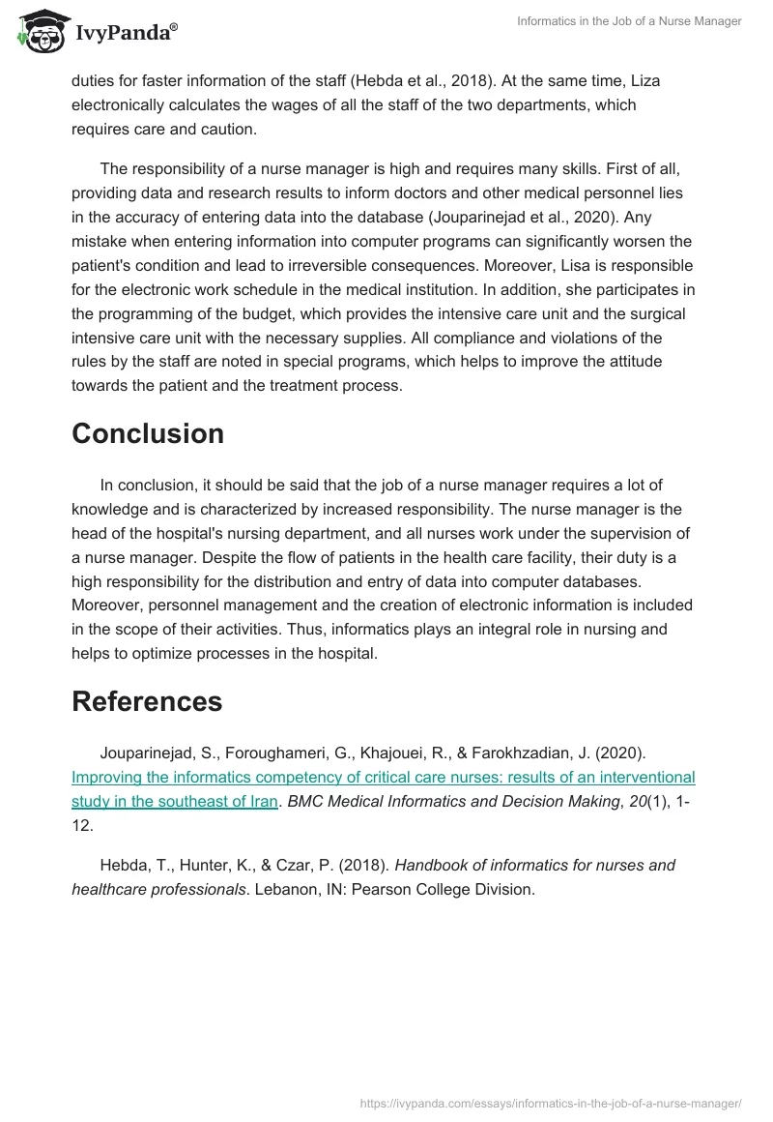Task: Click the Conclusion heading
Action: pos(148,433)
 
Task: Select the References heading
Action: pos(147,701)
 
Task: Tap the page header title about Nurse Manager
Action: pos(629,21)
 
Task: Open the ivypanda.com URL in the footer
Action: pos(550,1102)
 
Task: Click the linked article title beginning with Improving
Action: pos(383,778)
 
